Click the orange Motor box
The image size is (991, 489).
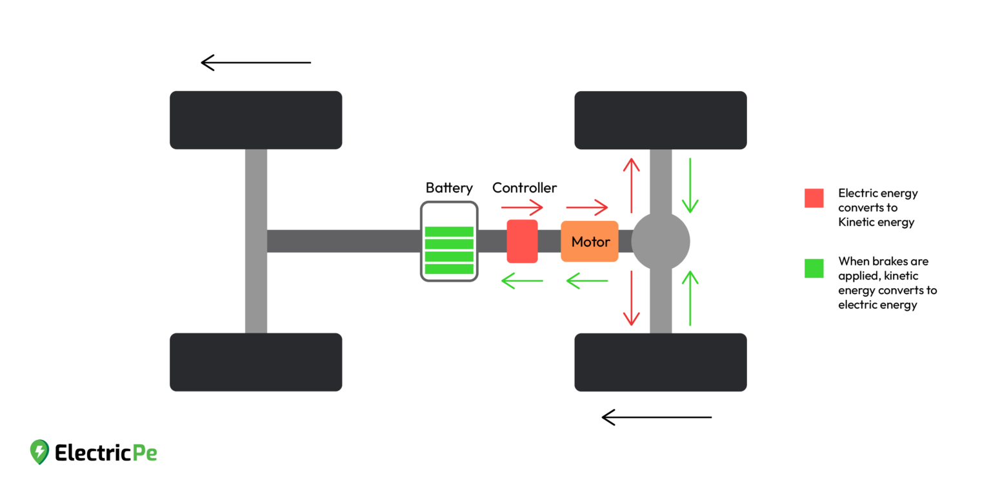[589, 242]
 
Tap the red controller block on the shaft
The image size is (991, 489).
[522, 241]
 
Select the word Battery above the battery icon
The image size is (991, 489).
[449, 188]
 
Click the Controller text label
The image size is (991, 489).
[525, 188]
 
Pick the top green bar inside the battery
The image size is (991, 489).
[449, 232]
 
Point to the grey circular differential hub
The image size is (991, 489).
[660, 242]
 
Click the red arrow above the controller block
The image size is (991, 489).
[522, 207]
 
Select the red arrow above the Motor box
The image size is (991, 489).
[587, 207]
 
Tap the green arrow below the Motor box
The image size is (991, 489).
[587, 280]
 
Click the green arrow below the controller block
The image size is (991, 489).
[522, 280]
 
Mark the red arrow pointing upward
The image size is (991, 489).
[631, 185]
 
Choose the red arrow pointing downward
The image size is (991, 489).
[631, 298]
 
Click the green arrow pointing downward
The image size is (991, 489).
[690, 185]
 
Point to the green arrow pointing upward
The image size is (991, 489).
[690, 298]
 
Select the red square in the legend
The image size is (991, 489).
[814, 198]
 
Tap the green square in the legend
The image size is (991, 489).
[814, 268]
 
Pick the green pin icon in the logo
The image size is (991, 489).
[39, 452]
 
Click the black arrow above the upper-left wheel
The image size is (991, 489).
[256, 63]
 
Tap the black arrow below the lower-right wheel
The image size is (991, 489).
[657, 417]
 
